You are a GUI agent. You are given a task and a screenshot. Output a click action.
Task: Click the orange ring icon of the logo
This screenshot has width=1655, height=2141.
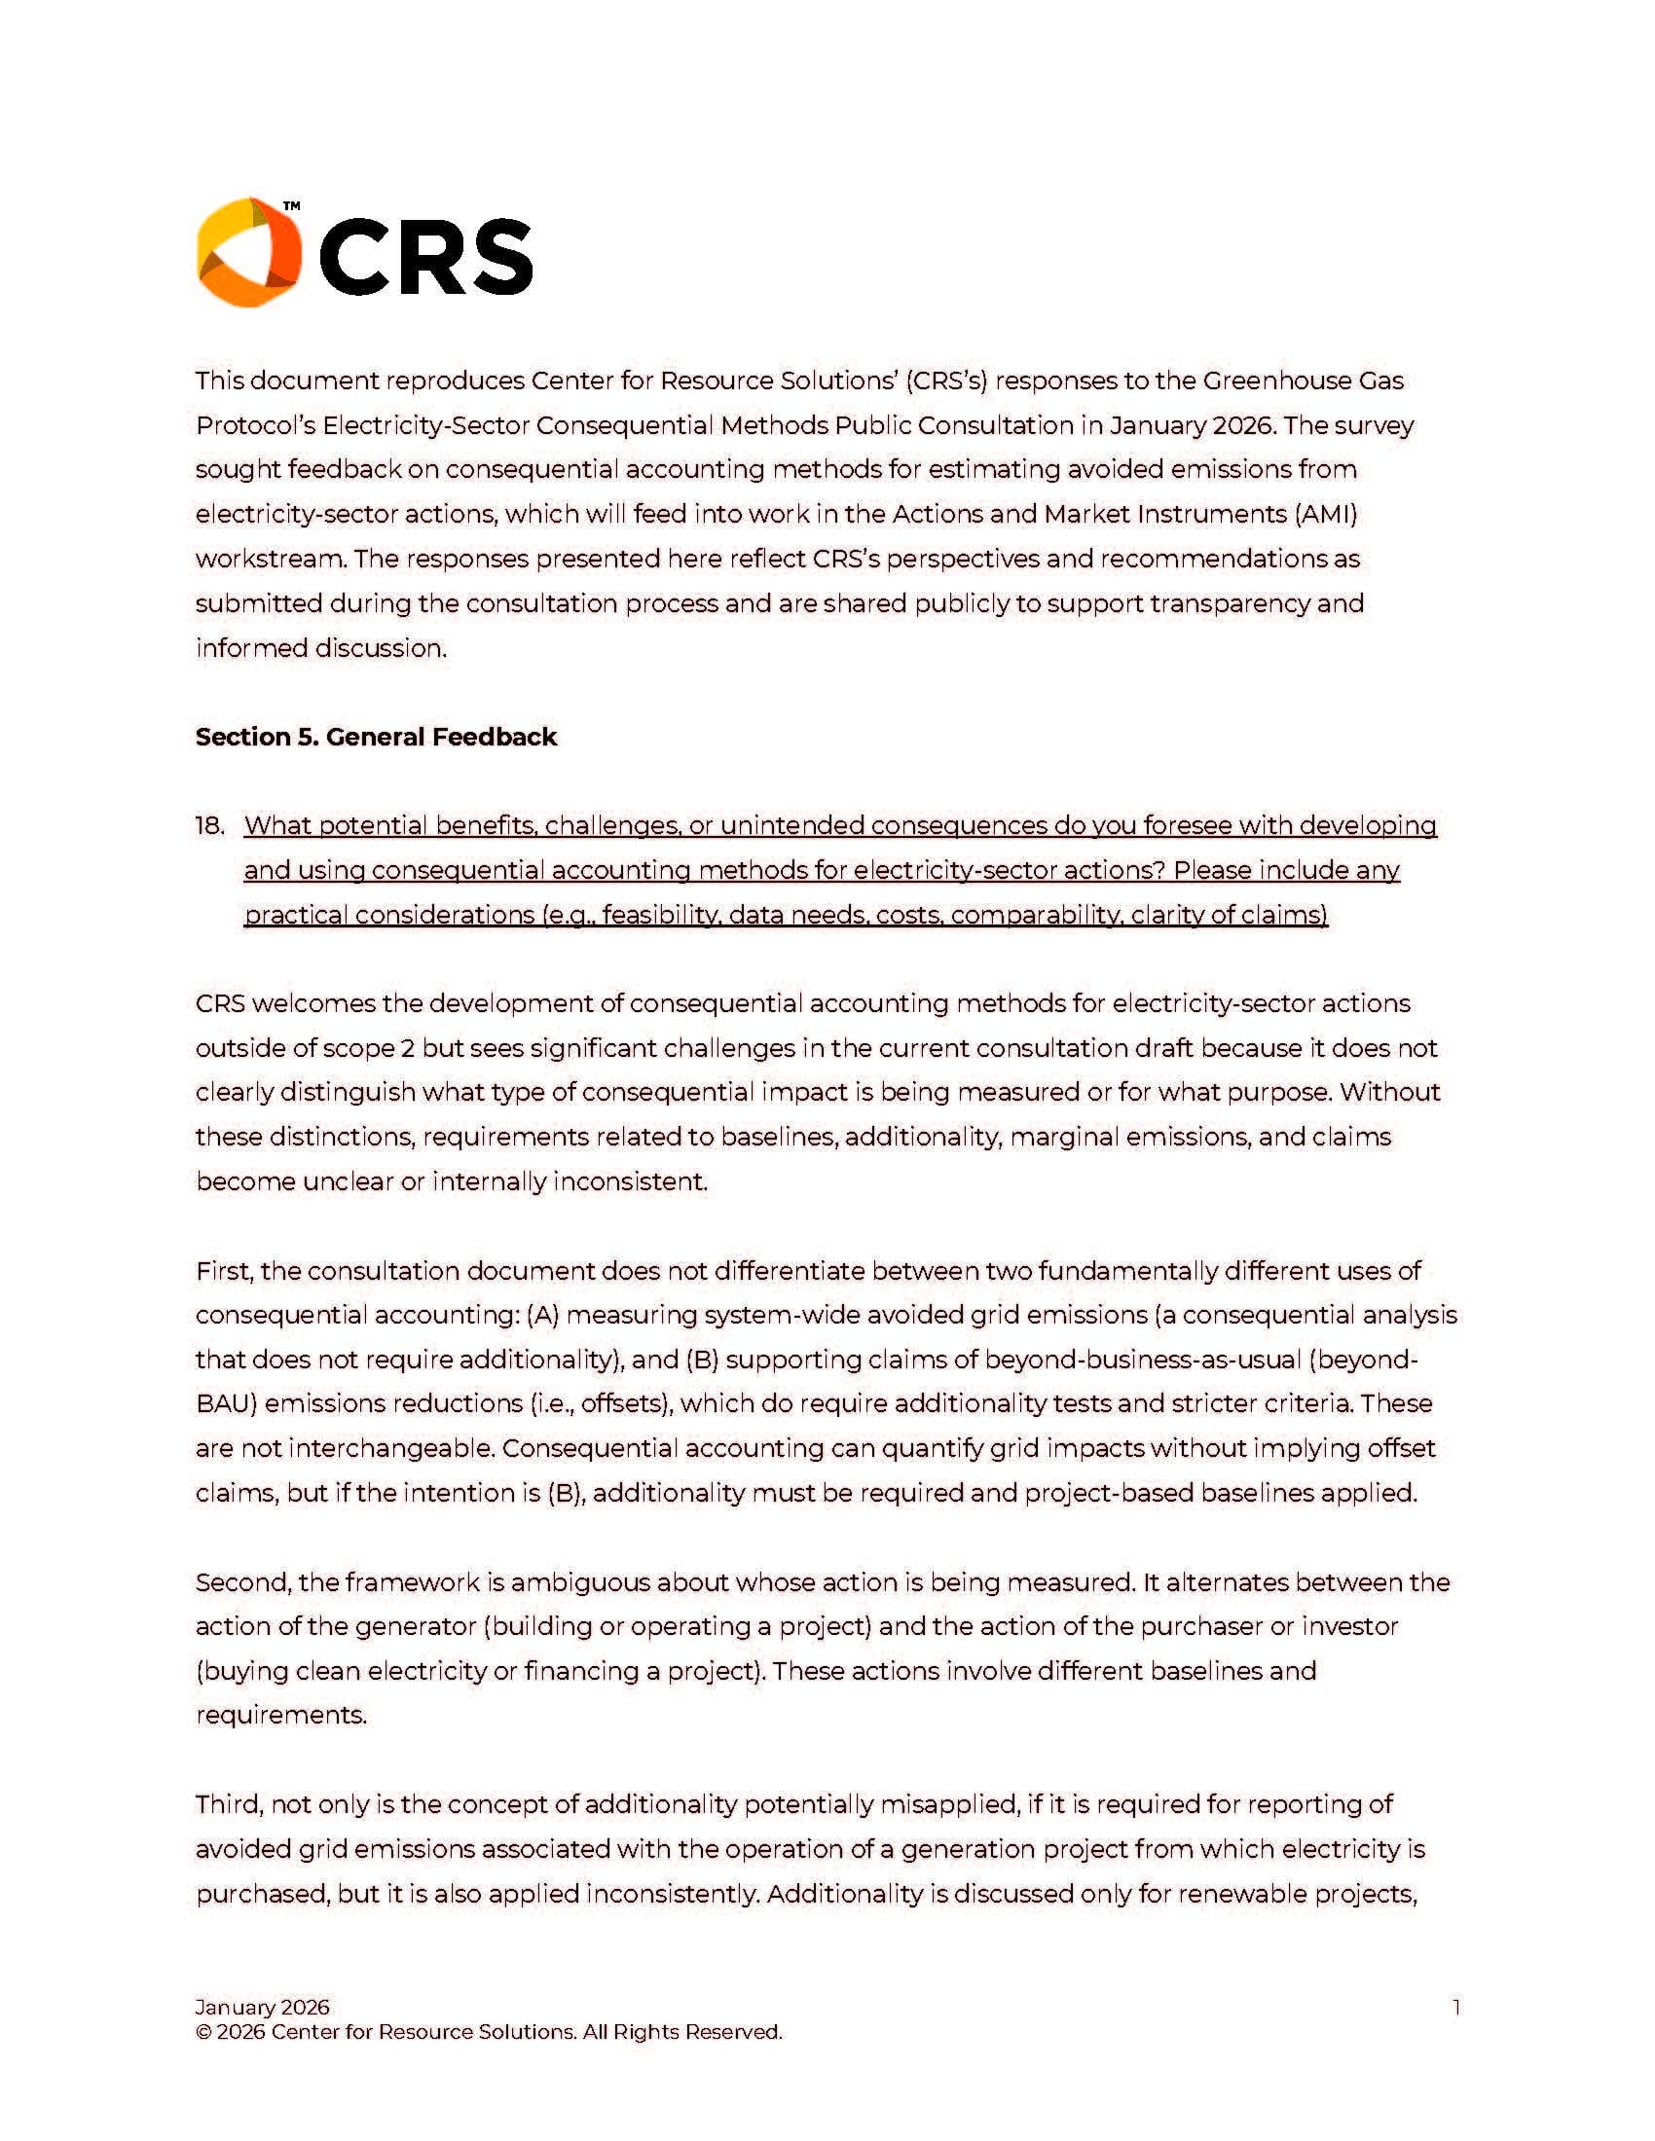[248, 252]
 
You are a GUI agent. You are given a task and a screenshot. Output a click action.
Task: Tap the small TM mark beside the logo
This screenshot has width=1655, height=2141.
[291, 207]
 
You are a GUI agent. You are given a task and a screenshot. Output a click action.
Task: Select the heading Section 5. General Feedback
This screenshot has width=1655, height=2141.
[376, 737]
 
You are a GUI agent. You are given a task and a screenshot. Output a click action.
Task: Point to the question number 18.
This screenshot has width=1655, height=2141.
[210, 825]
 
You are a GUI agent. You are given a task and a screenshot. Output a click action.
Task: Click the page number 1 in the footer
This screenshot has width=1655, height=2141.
[1456, 2007]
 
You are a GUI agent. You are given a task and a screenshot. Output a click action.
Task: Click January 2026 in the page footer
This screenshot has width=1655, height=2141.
[262, 2007]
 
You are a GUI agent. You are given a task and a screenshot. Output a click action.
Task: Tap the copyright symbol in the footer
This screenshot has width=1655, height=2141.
[202, 2032]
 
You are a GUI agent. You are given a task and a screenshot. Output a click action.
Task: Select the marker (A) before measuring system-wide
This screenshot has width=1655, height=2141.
[542, 1316]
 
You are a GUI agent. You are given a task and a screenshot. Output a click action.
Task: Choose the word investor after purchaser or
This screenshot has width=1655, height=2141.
[1349, 1626]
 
